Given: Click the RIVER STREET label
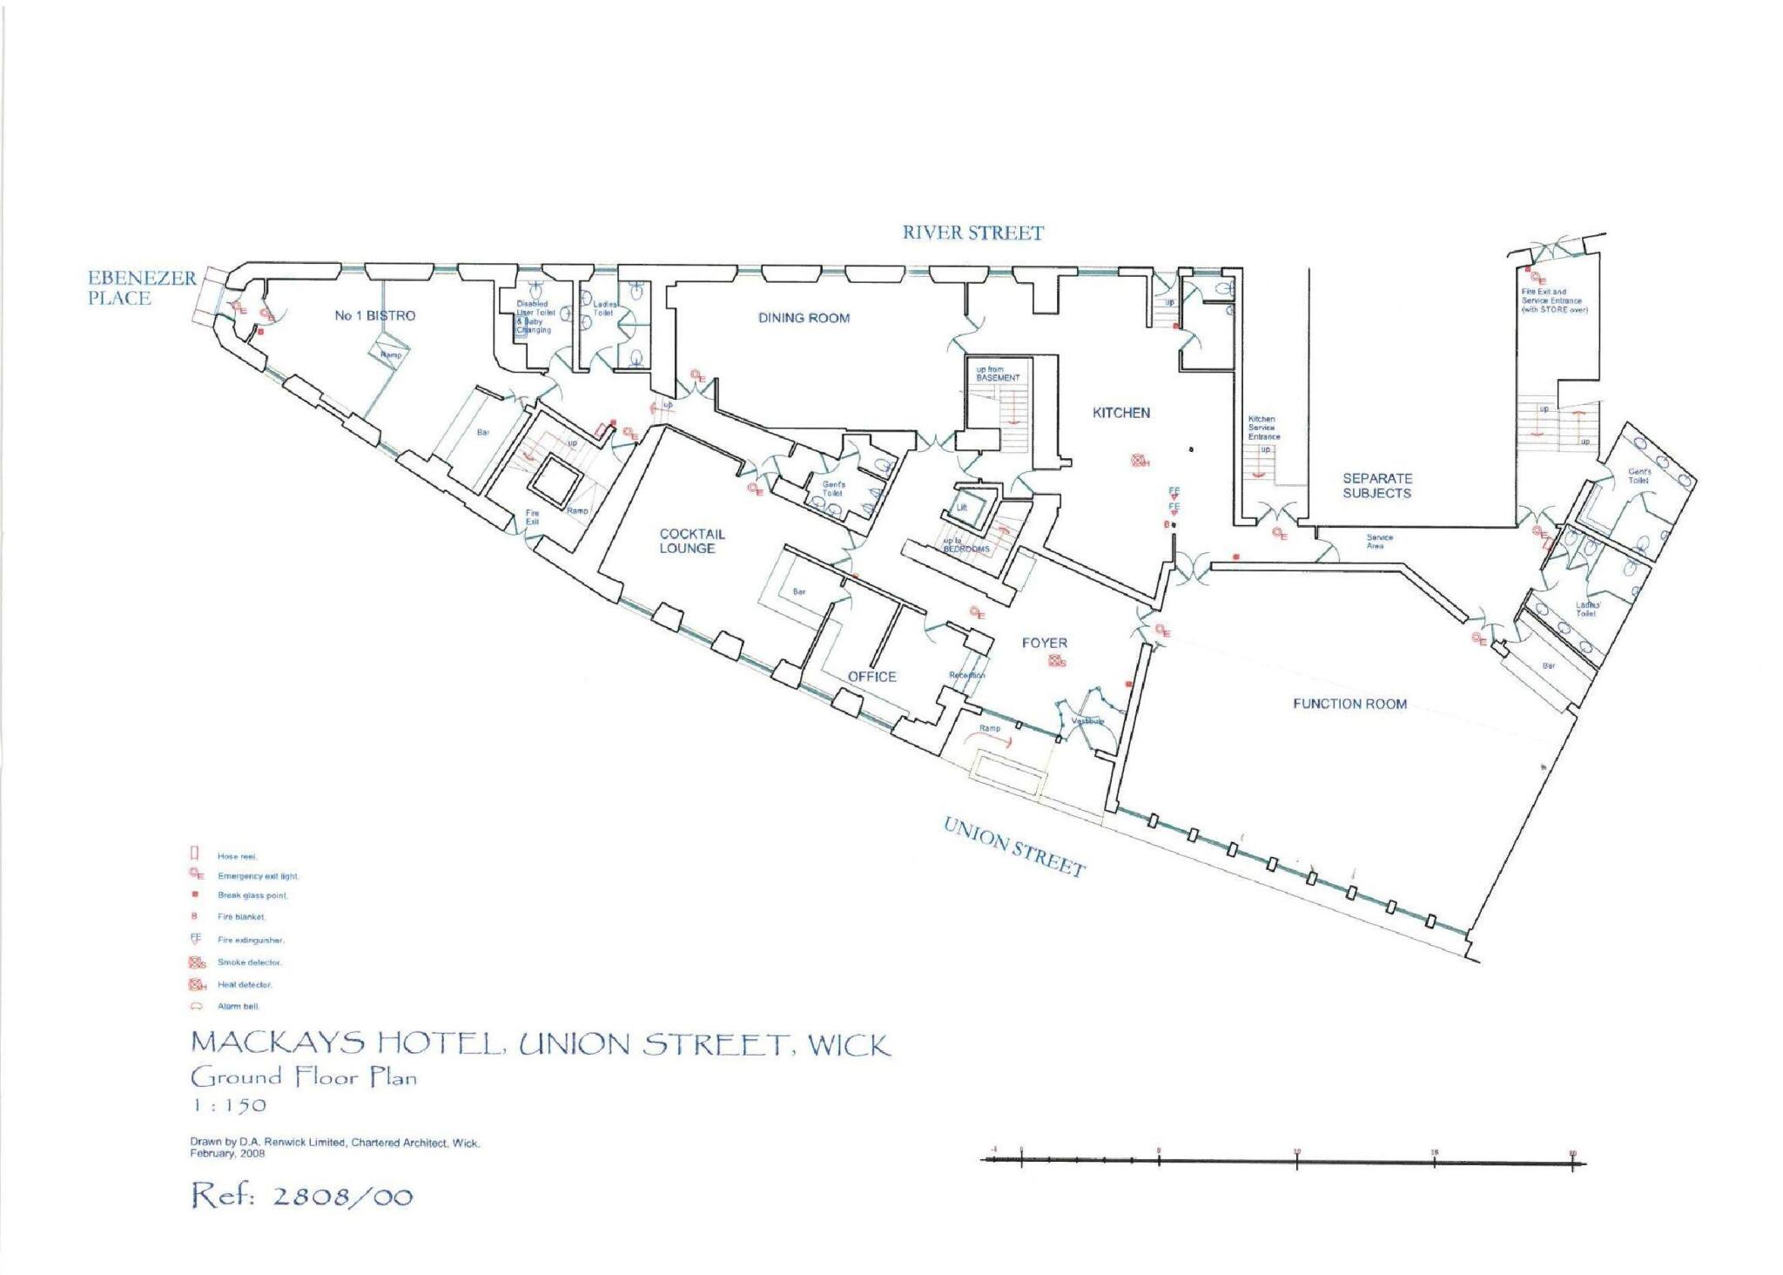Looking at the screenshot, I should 972,233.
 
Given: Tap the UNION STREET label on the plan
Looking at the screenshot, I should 1015,847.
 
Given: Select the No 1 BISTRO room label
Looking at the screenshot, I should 374,315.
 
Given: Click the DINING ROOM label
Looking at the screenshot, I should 803,318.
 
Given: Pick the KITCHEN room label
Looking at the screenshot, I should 1120,413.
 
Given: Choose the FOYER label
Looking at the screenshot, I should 1044,643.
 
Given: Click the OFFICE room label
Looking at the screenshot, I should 871,677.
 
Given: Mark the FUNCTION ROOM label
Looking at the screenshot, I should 1349,704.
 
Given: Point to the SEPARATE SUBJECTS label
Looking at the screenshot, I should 1376,485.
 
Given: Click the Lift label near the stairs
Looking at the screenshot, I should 962,507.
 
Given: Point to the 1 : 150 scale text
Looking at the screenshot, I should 228,1105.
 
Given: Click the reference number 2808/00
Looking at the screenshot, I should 342,1196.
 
